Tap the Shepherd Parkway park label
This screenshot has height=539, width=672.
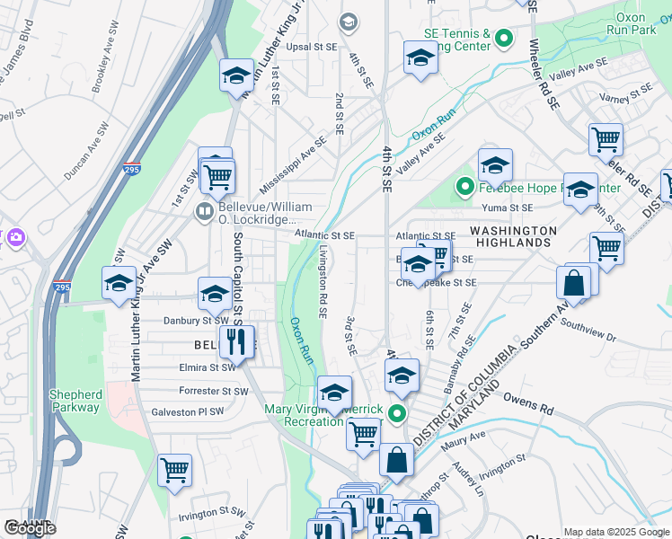click(75, 401)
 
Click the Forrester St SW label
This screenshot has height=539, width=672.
click(213, 391)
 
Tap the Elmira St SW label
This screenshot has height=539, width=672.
click(208, 367)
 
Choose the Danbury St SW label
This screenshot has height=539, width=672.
click(196, 320)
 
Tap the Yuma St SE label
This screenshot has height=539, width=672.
click(508, 208)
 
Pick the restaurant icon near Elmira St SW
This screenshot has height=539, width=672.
click(235, 342)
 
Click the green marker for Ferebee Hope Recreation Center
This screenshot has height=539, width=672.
click(464, 188)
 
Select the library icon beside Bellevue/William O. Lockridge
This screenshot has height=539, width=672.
click(205, 212)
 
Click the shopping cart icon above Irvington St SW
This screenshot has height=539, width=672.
click(174, 470)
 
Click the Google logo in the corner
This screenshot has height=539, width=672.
click(30, 529)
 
